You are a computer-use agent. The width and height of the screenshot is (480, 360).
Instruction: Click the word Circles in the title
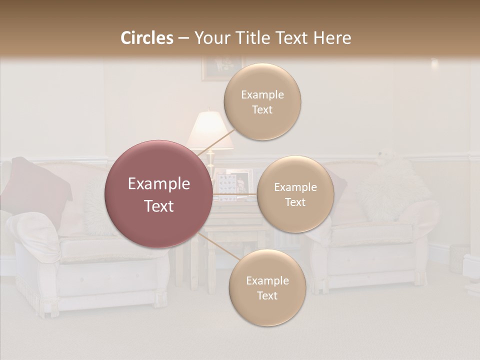pos(147,38)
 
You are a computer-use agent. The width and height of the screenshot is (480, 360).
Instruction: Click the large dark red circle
pos(158,194)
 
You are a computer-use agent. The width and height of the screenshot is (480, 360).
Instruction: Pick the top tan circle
pos(262,102)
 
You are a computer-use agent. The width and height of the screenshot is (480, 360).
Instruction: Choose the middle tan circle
pos(295,194)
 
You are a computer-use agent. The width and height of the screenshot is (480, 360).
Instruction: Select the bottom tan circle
pos(267,288)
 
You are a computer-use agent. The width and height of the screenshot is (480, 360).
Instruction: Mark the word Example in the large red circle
pos(158,184)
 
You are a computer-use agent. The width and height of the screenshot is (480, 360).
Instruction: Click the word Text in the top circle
pos(262,110)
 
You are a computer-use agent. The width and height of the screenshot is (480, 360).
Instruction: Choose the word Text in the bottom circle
pos(267,296)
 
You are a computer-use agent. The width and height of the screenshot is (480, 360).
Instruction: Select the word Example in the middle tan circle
pos(295,187)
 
